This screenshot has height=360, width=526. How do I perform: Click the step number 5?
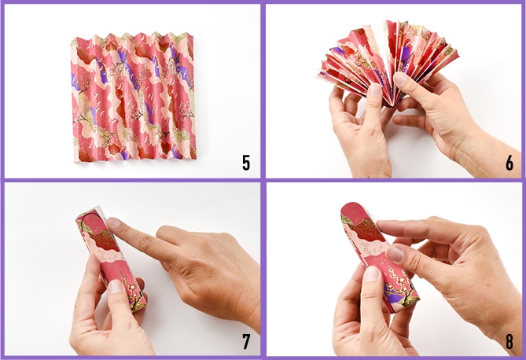pyautogui.click(x=246, y=163)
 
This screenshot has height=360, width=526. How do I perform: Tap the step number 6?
pyautogui.click(x=509, y=163)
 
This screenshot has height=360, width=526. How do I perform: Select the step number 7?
pyautogui.click(x=246, y=341)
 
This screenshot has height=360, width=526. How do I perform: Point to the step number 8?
pyautogui.click(x=509, y=341)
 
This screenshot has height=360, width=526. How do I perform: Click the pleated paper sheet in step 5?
pyautogui.click(x=134, y=97)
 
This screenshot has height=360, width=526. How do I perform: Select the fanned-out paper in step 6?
pyautogui.click(x=386, y=64)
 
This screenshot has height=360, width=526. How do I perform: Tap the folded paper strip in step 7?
pyautogui.click(x=111, y=259)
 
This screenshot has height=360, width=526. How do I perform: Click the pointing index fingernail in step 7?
pyautogui.click(x=113, y=222)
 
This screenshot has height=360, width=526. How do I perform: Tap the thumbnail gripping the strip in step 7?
pyautogui.click(x=116, y=287)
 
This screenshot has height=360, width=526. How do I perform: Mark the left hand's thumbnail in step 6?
pyautogui.click(x=375, y=90)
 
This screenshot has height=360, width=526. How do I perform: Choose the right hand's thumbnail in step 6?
pyautogui.click(x=399, y=78)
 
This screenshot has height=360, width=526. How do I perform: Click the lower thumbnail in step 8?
pyautogui.click(x=372, y=274)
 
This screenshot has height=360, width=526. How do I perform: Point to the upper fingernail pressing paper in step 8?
pyautogui.click(x=395, y=254)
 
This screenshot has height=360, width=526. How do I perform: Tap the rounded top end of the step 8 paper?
pyautogui.click(x=353, y=207)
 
